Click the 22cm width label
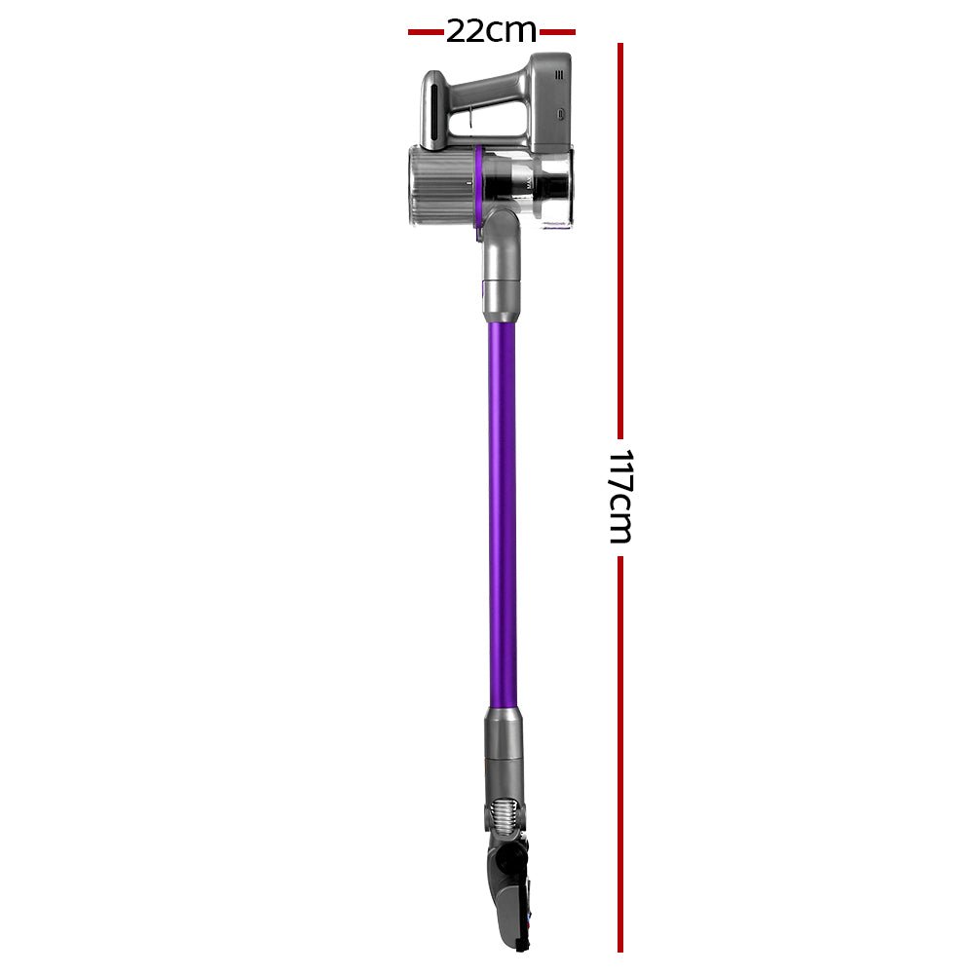(491, 31)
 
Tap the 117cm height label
(619, 496)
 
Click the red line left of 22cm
(426, 32)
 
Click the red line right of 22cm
(556, 32)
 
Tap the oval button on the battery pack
(563, 114)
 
